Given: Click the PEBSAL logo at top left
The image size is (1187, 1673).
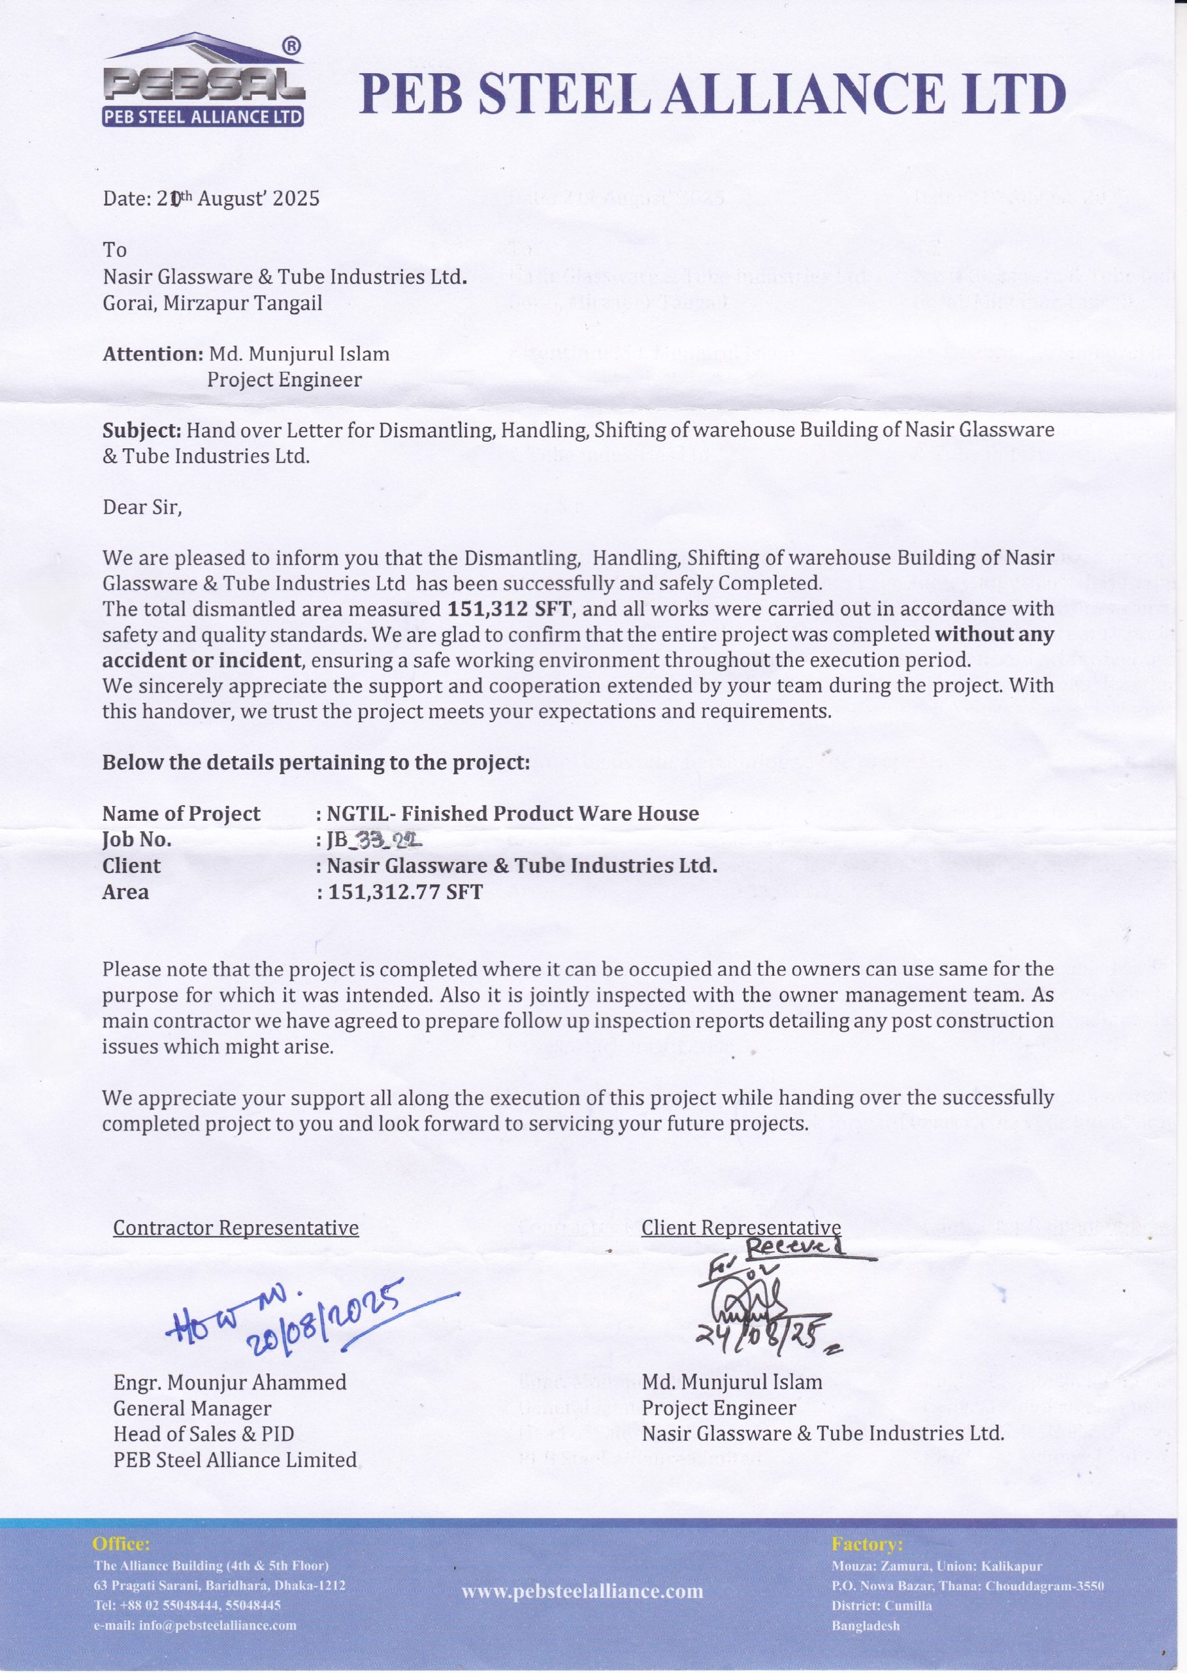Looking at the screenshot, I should click(203, 86).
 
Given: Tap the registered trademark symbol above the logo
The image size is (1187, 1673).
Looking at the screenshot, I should click(290, 46).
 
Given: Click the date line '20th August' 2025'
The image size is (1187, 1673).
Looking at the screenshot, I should click(211, 199).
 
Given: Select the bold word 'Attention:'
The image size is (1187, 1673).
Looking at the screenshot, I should click(152, 355).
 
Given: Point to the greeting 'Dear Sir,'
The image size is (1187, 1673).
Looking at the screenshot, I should click(142, 508).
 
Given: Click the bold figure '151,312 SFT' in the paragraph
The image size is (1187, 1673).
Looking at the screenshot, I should click(508, 608).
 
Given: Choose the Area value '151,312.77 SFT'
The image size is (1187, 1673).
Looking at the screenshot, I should click(405, 892).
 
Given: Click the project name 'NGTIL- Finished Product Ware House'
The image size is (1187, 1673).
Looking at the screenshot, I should click(512, 814).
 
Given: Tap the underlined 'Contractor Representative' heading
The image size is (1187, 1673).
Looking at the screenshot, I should click(235, 1228).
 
